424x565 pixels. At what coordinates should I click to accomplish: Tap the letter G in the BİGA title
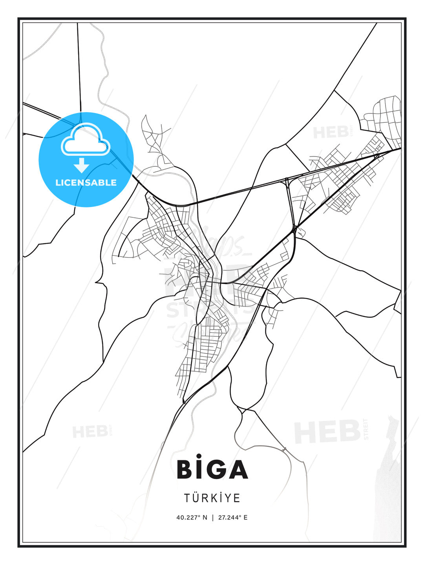[215, 469]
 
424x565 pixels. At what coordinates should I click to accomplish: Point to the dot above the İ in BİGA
[199, 456]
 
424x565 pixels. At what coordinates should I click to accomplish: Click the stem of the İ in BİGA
[199, 470]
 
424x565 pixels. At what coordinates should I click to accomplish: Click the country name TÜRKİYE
[212, 498]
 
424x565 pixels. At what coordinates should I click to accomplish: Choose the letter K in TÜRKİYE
[214, 498]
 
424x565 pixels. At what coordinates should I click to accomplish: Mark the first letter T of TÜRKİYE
[187, 498]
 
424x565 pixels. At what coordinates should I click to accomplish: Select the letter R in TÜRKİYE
[206, 498]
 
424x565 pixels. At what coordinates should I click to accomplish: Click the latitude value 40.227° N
[192, 518]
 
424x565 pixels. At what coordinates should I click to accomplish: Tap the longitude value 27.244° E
[233, 518]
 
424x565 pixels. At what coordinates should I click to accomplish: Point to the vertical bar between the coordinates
[212, 518]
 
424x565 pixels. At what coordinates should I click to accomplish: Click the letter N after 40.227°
[205, 518]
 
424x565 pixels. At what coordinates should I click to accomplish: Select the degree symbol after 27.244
[240, 516]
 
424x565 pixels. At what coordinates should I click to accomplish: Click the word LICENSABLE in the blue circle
[86, 182]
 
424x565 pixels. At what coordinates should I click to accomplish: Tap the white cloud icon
[86, 140]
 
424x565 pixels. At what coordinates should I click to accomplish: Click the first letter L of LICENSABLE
[58, 182]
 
